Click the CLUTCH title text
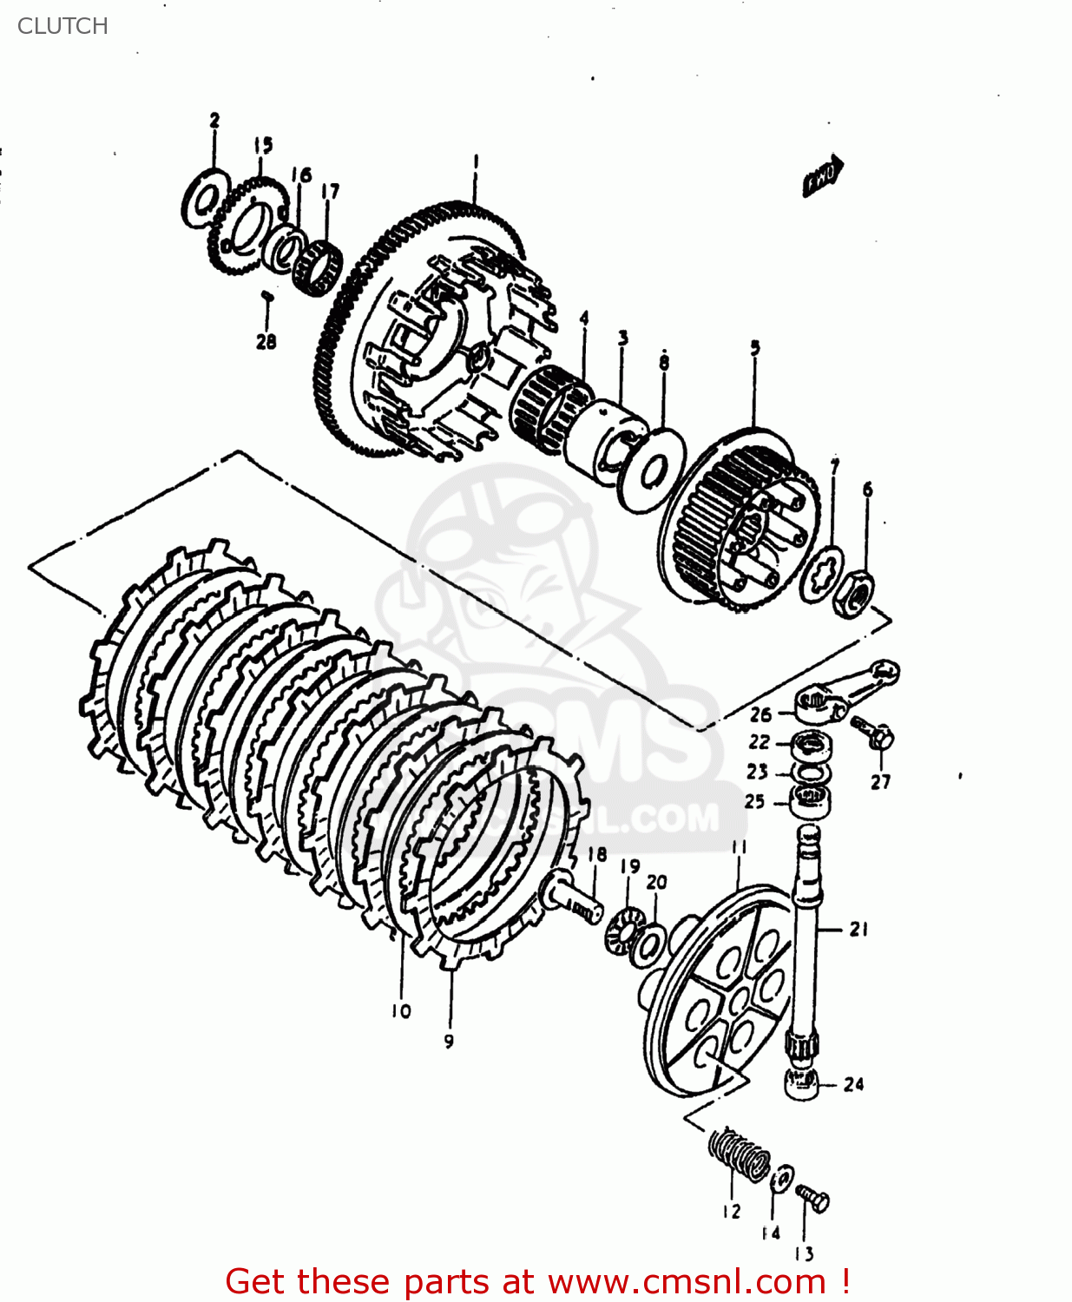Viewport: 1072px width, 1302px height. coord(62,26)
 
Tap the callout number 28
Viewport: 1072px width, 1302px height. coord(266,342)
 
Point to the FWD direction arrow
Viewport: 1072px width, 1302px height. coord(823,175)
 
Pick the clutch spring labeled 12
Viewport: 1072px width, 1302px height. coord(739,1155)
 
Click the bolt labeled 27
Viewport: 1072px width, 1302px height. coord(874,734)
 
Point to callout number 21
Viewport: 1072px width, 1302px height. coord(858,930)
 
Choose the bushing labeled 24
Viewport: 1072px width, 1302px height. coord(802,1083)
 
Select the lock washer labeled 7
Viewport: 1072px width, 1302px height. coord(822,575)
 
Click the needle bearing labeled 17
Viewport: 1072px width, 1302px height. coord(316,266)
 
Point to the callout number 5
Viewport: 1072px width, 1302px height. coord(754,349)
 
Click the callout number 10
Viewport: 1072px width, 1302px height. coord(400,1011)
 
